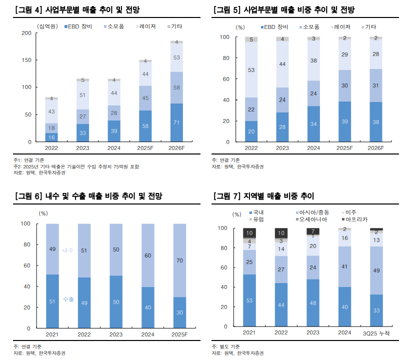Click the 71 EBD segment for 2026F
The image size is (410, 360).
tap(176, 123)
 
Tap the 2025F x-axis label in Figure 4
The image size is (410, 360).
tap(145, 148)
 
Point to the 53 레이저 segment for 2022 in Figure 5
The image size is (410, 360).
tap(251, 70)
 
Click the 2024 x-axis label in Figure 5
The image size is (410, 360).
tap(313, 148)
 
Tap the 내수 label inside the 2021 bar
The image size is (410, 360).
tap(68, 250)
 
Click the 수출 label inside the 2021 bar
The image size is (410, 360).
tap(68, 299)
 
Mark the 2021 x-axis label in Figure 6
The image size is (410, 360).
tap(52, 334)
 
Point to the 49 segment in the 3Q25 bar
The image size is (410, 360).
tap(376, 270)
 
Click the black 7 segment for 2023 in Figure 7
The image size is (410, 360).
tap(313, 231)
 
